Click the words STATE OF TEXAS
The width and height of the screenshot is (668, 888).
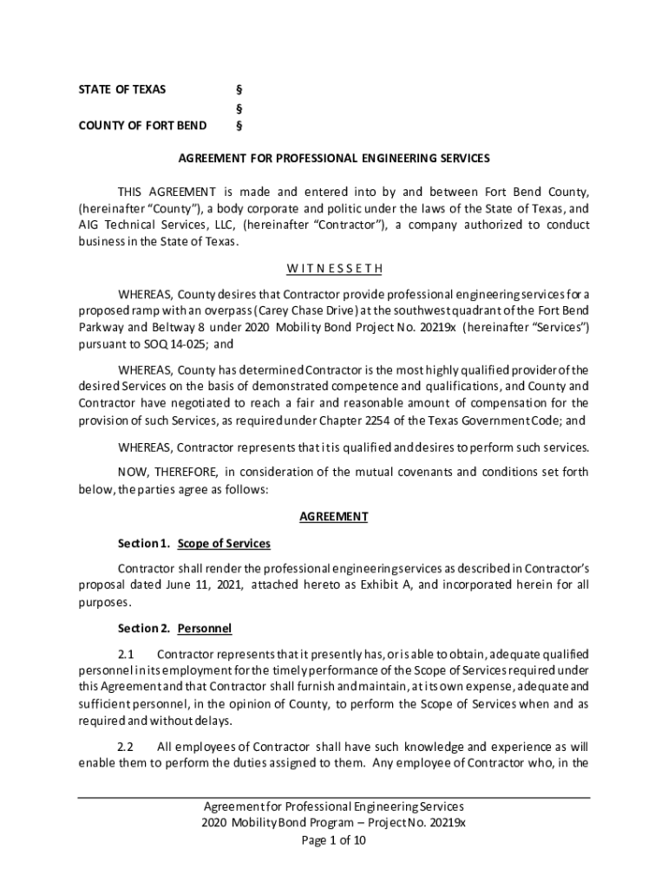coord(122,89)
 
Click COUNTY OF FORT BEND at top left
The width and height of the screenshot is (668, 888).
coord(142,126)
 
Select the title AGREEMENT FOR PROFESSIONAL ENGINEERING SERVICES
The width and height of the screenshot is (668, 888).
coord(334,159)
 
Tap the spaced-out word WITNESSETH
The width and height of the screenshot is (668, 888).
coord(334,268)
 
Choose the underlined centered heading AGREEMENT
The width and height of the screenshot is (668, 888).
coord(334,517)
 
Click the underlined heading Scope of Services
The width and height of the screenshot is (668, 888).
coord(224,544)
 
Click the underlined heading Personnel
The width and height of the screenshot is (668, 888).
coord(205,628)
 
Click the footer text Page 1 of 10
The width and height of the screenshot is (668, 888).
coord(334,839)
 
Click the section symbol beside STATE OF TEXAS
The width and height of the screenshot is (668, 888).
coord(239,89)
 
